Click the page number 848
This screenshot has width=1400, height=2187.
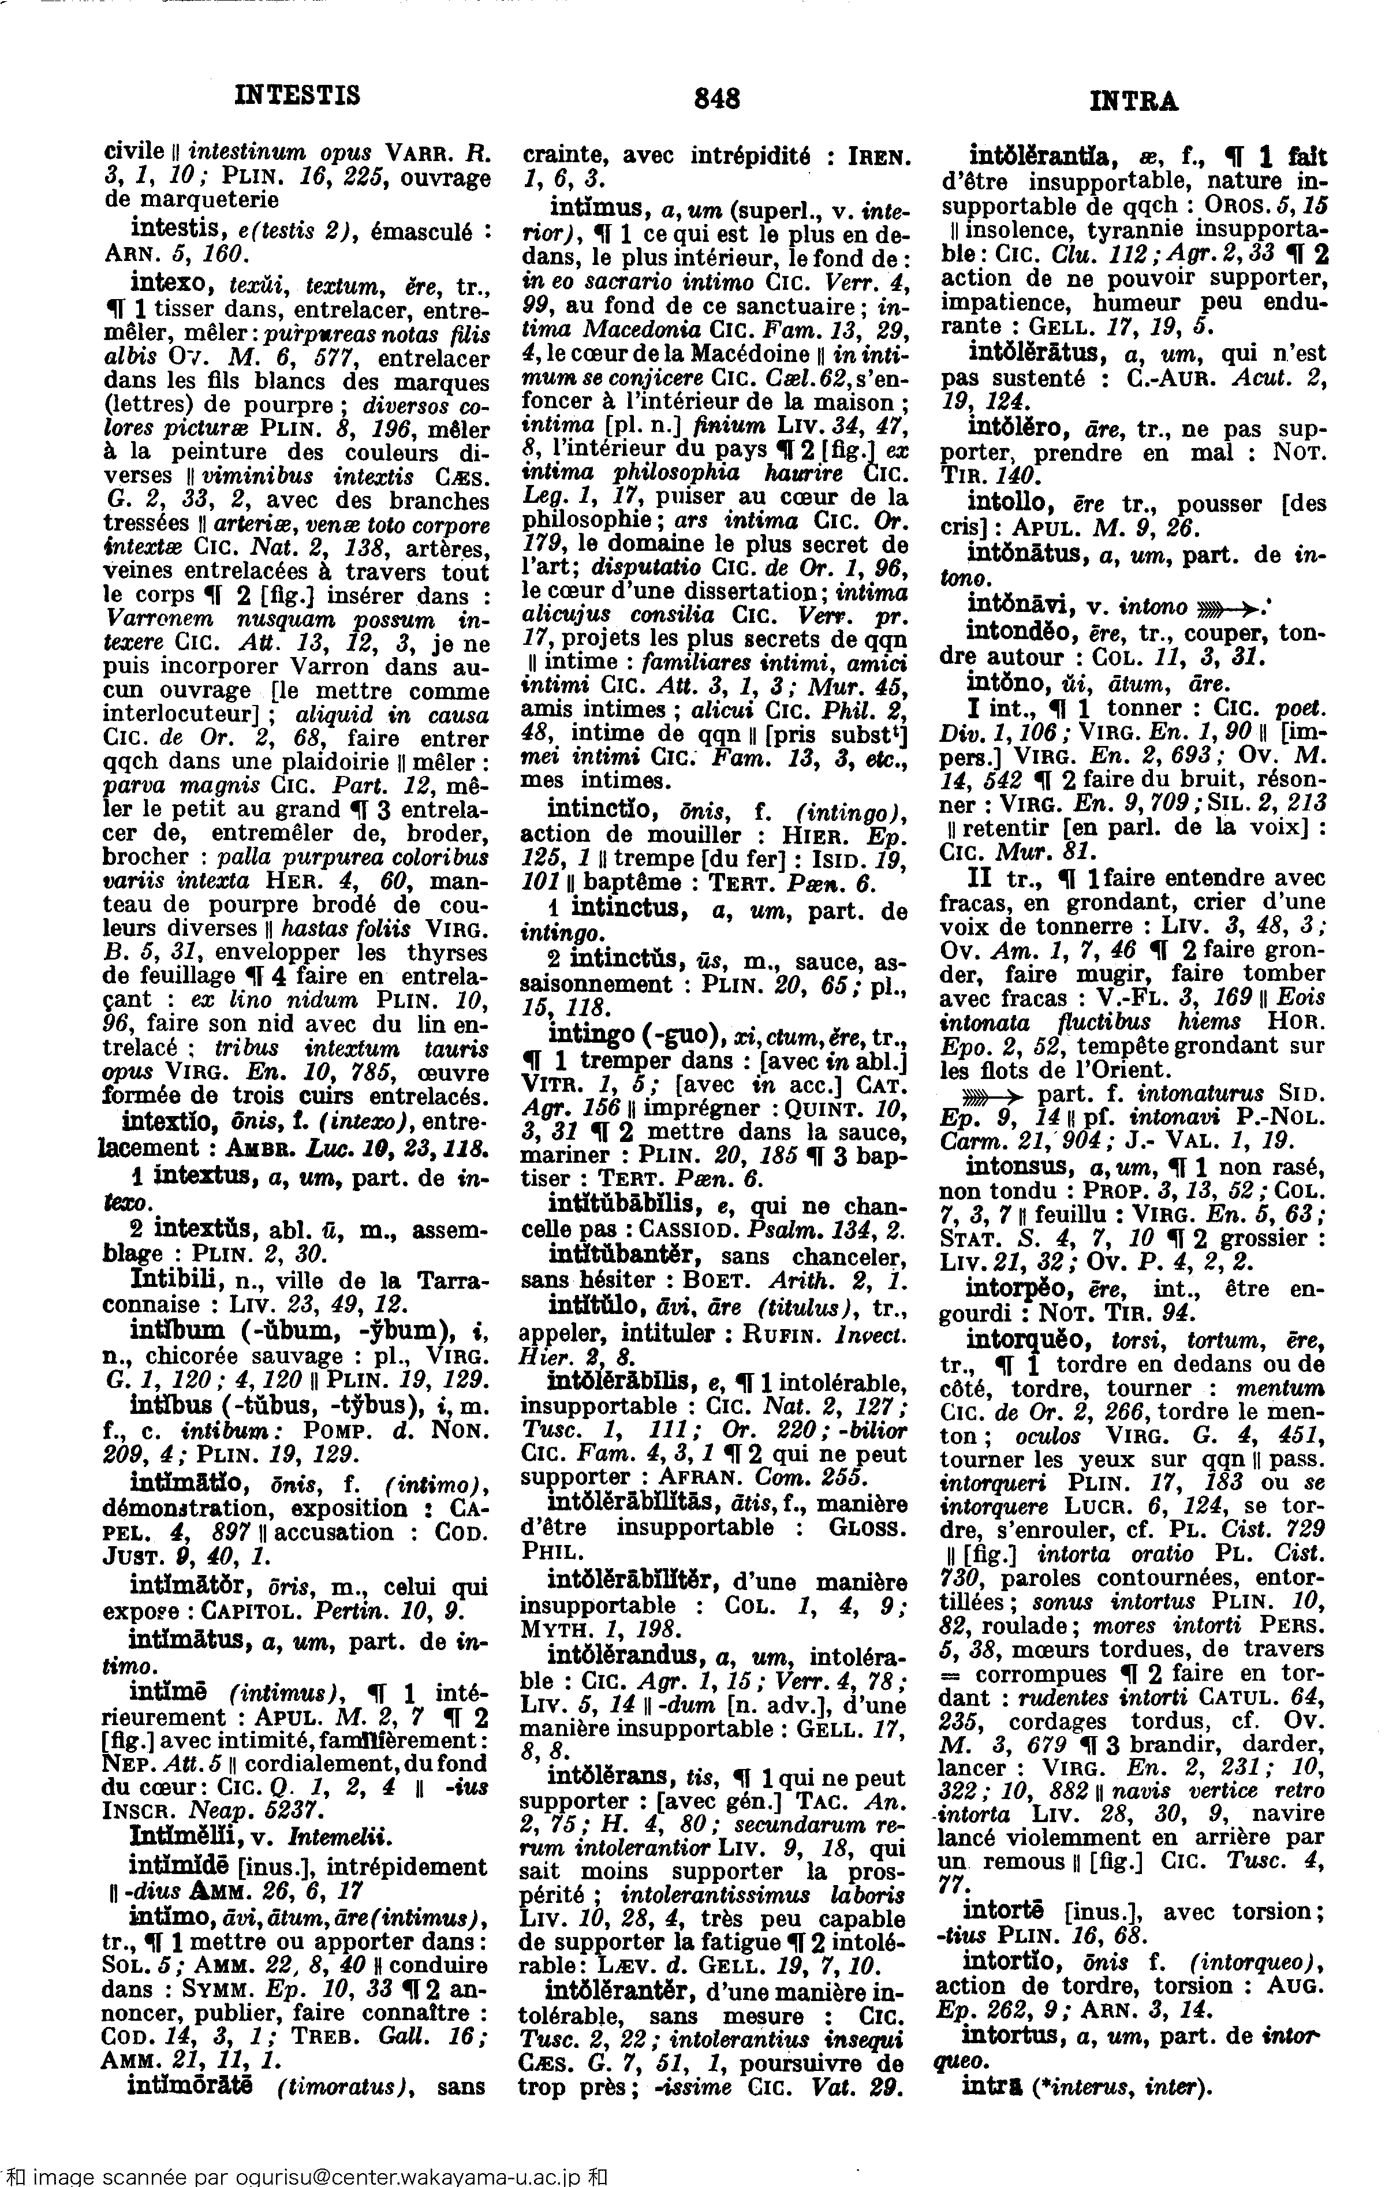(716, 98)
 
